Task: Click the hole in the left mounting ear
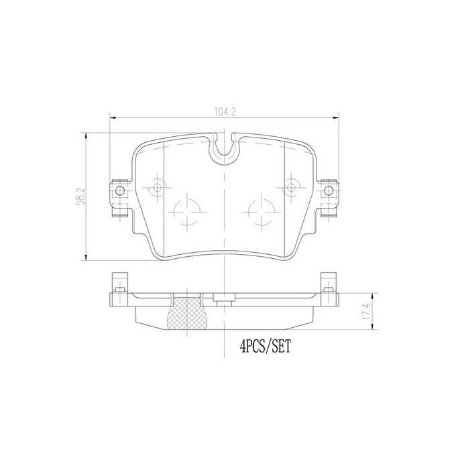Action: (120, 190)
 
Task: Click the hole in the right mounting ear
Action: (328, 190)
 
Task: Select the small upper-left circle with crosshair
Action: (158, 188)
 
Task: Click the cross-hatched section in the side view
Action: (189, 313)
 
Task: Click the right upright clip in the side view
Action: (329, 282)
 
